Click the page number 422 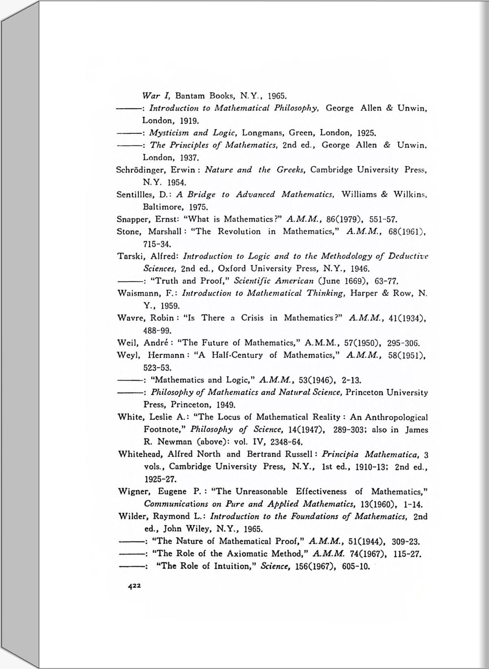point(134,586)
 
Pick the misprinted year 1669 point(359,281)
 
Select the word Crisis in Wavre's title point(252,318)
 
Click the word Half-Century point(237,355)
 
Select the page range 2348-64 point(287,441)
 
